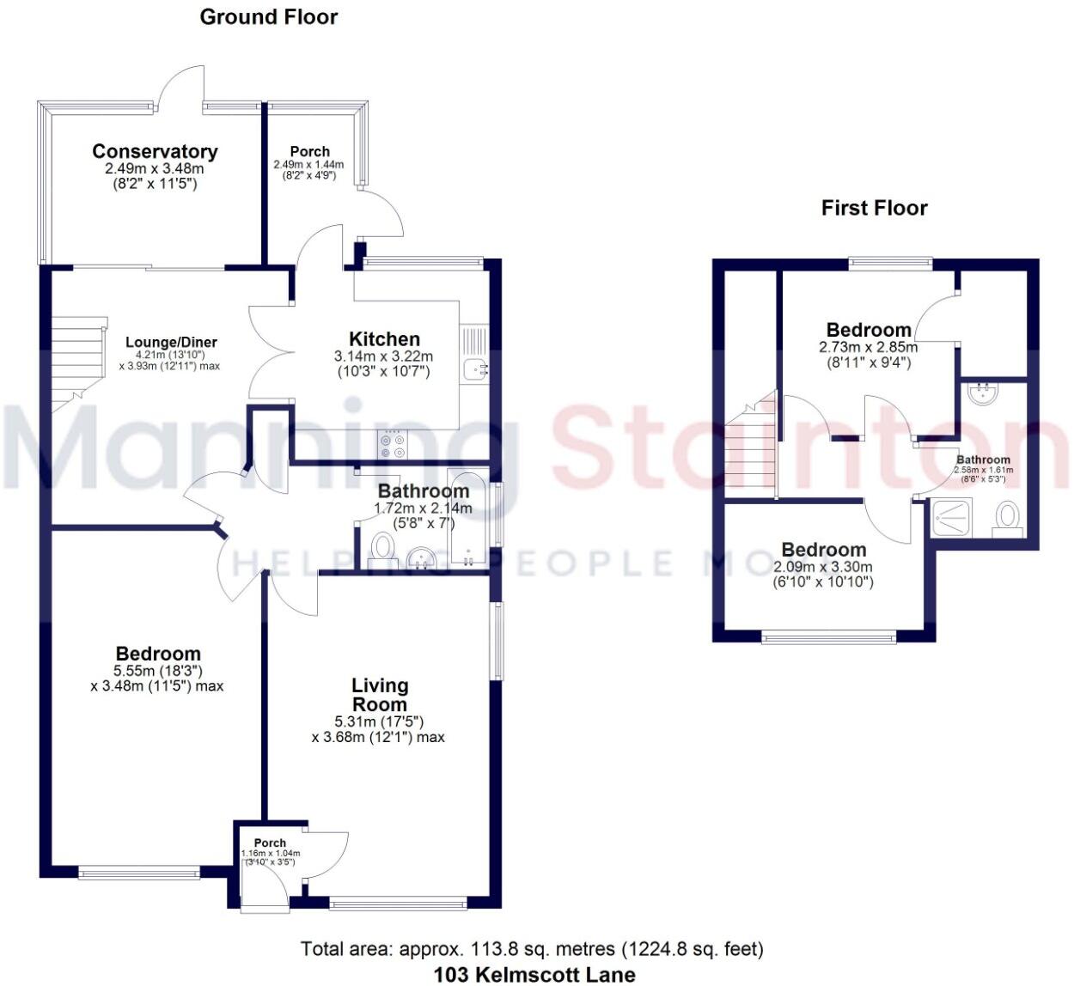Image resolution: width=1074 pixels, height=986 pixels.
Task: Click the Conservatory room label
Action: tap(155, 152)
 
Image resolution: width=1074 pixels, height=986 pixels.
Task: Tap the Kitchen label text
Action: tap(384, 339)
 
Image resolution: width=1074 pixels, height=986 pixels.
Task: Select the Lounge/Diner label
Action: tap(171, 342)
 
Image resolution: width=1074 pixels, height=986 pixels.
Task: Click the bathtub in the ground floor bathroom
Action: tap(467, 517)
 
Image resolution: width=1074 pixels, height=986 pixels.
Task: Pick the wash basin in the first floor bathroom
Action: tap(983, 394)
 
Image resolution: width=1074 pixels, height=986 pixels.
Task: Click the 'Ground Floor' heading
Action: tap(269, 17)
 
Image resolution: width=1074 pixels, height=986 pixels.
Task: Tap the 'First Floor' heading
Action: tap(874, 208)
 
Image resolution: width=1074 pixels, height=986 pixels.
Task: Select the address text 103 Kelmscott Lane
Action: tap(534, 974)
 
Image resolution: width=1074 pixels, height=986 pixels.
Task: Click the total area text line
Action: tap(532, 949)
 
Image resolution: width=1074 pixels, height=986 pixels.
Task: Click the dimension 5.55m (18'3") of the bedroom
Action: tap(158, 671)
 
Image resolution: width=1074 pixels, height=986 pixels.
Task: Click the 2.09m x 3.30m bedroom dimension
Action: tap(823, 567)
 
